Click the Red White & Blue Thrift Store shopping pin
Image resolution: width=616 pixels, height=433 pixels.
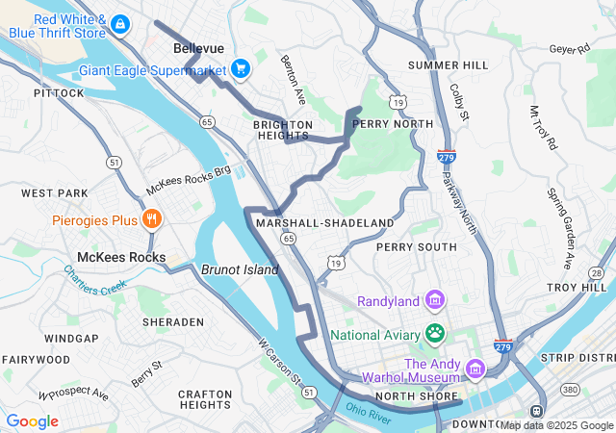click(119, 23)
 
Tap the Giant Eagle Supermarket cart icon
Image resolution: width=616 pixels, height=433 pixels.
click(240, 68)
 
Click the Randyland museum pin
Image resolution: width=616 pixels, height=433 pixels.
click(435, 301)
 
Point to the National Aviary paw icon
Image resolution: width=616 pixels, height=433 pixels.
click(435, 334)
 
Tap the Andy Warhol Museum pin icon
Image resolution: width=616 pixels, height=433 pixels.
click(475, 369)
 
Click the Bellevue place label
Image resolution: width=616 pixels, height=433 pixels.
click(198, 48)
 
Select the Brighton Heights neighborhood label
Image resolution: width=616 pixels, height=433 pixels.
click(283, 131)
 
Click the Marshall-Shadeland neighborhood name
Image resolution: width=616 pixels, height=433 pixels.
click(324, 222)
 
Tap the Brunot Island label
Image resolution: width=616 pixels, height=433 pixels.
click(240, 270)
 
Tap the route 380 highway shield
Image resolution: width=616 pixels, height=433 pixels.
click(571, 391)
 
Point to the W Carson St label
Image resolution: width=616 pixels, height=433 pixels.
click(278, 357)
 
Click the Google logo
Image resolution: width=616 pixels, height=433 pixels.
click(33, 421)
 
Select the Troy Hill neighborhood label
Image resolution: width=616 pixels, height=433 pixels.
click(576, 288)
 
